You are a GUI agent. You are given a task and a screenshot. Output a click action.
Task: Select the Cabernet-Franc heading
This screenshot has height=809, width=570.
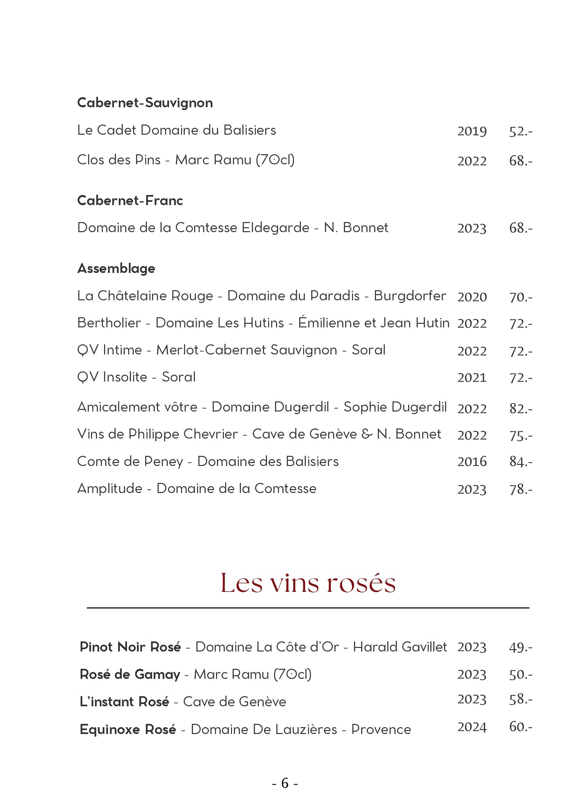pyautogui.click(x=130, y=201)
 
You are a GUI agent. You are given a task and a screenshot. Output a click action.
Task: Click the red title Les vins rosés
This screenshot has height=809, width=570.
pyautogui.click(x=308, y=583)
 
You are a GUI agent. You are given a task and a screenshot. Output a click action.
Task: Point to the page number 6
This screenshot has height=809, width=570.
pyautogui.click(x=285, y=783)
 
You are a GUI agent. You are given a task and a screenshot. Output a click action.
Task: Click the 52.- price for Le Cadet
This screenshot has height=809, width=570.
pyautogui.click(x=520, y=131)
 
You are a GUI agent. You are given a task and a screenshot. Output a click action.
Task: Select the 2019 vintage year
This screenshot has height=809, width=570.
pyautogui.click(x=472, y=131)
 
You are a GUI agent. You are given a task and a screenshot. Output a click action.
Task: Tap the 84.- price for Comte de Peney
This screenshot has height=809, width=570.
pyautogui.click(x=520, y=462)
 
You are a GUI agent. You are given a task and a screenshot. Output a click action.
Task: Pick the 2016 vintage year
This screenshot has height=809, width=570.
pyautogui.click(x=472, y=462)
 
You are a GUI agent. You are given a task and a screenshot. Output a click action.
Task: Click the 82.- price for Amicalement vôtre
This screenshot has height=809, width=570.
pyautogui.click(x=520, y=409)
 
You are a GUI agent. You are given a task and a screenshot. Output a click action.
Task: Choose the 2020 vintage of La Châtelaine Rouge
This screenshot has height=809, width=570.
pyautogui.click(x=472, y=297)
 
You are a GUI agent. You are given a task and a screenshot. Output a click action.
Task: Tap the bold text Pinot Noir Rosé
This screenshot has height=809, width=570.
pyautogui.click(x=130, y=647)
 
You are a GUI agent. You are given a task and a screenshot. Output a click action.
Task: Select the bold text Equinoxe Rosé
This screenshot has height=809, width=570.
pyautogui.click(x=128, y=729)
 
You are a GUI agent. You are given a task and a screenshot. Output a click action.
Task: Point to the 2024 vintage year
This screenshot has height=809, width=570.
pyautogui.click(x=472, y=727)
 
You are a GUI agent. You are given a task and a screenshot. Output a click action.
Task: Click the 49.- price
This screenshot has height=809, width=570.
pyautogui.click(x=520, y=647)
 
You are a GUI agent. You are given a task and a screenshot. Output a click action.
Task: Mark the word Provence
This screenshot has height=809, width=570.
pyautogui.click(x=381, y=729)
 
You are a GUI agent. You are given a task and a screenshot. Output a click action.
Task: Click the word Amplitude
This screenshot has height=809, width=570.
pyautogui.click(x=110, y=489)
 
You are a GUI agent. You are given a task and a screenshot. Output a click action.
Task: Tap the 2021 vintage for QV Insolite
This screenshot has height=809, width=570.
pyautogui.click(x=472, y=378)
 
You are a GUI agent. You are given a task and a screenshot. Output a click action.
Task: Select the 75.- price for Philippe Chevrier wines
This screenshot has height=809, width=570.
pyautogui.click(x=520, y=436)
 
